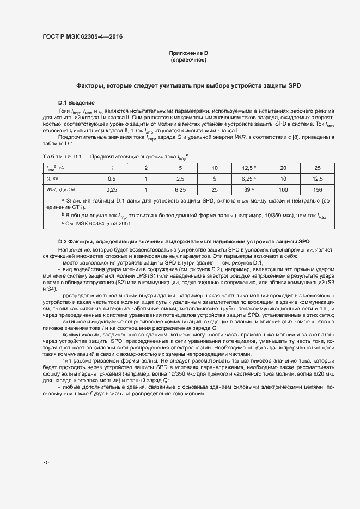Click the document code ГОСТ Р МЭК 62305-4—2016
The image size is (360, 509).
point(82,37)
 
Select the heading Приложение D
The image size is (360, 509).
point(188,53)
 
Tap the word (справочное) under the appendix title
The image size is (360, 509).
point(188,59)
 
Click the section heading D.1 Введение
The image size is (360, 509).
point(76,103)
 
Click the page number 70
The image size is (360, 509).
point(46,462)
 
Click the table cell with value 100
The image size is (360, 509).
point(283,189)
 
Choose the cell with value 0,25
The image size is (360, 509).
point(112,189)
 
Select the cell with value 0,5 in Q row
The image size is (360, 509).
point(112,179)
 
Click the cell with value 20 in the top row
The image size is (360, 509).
point(283,168)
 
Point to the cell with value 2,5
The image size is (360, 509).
point(180,179)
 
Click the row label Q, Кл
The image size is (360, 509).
point(52,179)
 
